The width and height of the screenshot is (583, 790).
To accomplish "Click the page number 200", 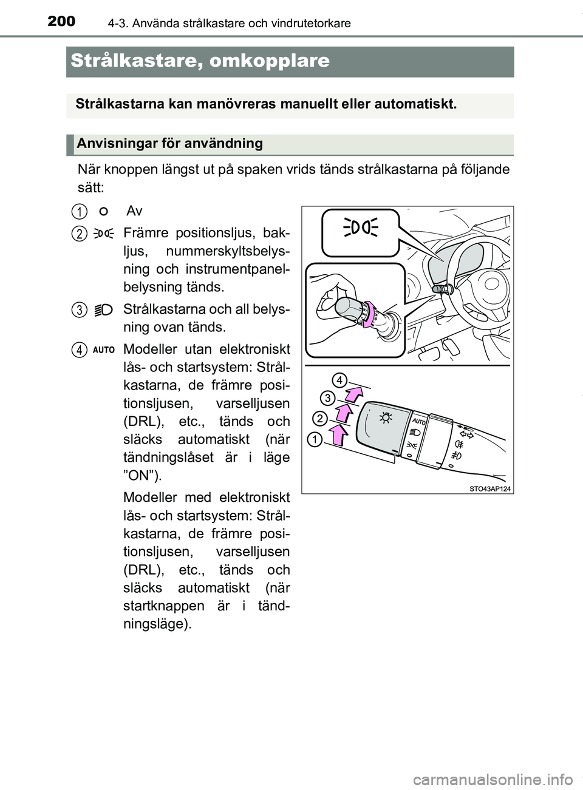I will (x=61, y=21).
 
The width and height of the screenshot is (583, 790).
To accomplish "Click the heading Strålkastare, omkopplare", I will (x=200, y=61).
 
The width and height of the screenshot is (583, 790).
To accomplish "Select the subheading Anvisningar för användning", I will (x=169, y=144).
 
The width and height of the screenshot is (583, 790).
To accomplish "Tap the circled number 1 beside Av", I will (x=77, y=211).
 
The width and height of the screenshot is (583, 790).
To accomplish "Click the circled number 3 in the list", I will (x=77, y=309).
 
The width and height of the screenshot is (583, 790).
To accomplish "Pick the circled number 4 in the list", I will (x=77, y=349).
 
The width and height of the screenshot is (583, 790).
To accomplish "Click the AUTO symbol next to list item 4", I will (x=104, y=350).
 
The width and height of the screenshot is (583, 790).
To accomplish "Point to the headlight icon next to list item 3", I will (x=104, y=309).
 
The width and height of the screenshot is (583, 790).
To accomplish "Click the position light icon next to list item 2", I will (x=104, y=232).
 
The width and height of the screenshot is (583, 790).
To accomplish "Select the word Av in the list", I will (x=134, y=211).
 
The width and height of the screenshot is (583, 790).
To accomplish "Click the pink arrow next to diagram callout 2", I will (x=344, y=415).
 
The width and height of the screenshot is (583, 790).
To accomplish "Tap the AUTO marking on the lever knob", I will (x=419, y=420).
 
